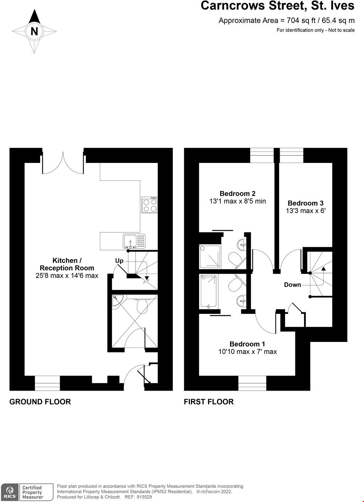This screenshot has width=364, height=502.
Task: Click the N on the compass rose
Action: point(34,32)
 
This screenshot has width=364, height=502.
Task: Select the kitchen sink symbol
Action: point(134,241)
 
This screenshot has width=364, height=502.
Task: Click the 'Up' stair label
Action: point(119,261)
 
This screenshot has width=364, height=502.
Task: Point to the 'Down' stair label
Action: point(292,285)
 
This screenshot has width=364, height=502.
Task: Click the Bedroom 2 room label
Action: point(237,194)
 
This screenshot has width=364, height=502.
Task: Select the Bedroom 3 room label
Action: point(305,203)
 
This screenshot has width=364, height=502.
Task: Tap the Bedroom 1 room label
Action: point(247,344)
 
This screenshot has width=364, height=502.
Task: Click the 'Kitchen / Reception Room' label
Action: point(67,264)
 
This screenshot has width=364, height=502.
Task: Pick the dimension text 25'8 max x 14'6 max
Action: point(67,275)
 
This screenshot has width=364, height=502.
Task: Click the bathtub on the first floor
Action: point(209,291)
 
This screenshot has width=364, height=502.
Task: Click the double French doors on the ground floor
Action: point(63,163)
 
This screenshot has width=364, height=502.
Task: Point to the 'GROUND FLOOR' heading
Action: point(40,402)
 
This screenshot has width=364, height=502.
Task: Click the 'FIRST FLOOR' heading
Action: point(209,402)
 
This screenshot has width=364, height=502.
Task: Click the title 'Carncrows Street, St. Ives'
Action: point(277,6)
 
